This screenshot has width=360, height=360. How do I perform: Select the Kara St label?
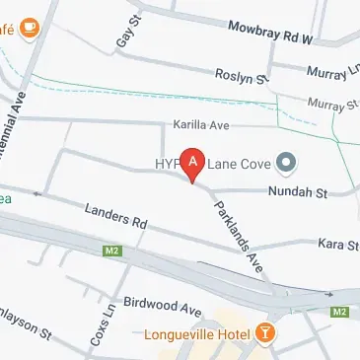click(x=335, y=244)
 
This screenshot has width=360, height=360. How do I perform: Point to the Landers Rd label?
click(x=115, y=217)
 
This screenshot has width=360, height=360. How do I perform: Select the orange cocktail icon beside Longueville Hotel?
click(x=264, y=332)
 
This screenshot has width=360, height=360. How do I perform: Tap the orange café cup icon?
click(x=29, y=27)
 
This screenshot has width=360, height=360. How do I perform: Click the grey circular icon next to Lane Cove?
click(x=287, y=161)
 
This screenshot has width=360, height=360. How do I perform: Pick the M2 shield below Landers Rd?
click(x=110, y=253)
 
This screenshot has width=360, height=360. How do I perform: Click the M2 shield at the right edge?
click(x=340, y=312)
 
